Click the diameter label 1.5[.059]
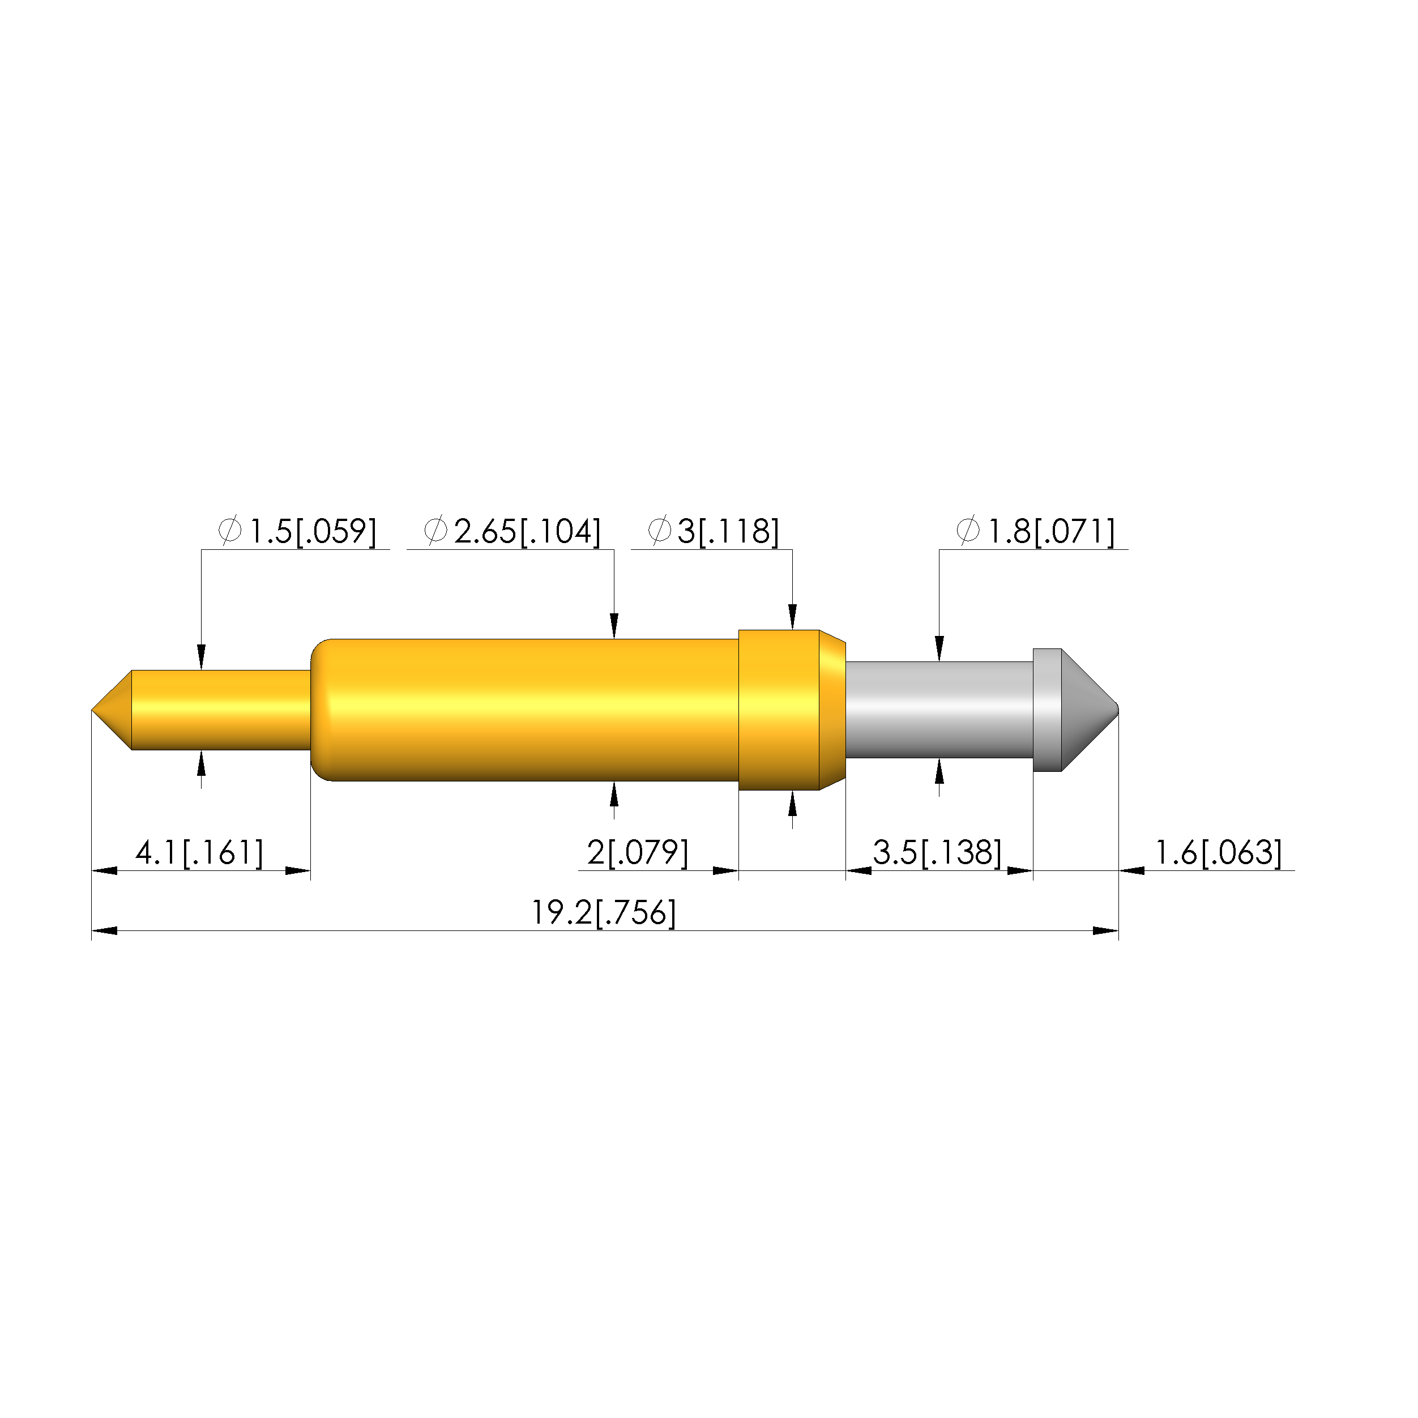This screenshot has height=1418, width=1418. click(x=297, y=531)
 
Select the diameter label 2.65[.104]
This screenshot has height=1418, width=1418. click(x=512, y=531)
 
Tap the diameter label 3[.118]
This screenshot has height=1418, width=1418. click(x=714, y=531)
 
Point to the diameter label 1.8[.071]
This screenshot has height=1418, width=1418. click(x=1036, y=531)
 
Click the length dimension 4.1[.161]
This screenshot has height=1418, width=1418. click(x=199, y=853)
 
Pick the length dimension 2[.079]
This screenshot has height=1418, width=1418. click(x=638, y=853)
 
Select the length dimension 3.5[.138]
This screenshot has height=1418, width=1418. click(x=937, y=853)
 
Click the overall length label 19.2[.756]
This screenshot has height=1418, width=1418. click(x=603, y=913)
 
